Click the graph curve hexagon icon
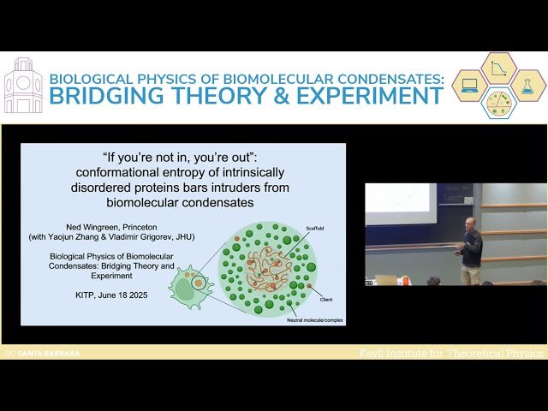[x=498, y=68]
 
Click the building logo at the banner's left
[x=23, y=86]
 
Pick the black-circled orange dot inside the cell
[x=198, y=282]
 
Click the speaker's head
[x=469, y=223]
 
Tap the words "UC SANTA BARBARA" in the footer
[x=42, y=353]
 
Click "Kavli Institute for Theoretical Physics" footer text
[x=450, y=353]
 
